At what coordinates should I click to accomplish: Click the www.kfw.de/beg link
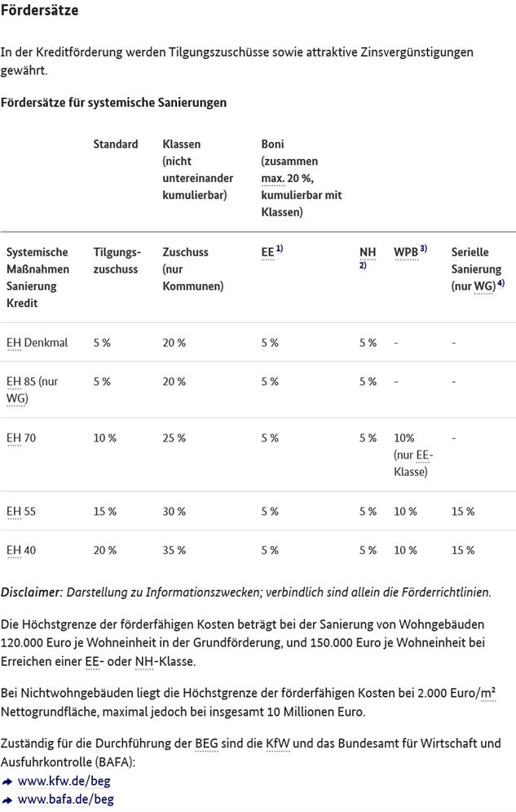tap(64, 781)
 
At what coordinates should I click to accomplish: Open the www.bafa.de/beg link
tap(66, 799)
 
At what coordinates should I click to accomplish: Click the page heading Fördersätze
tap(39, 10)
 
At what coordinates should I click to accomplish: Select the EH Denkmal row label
tap(37, 343)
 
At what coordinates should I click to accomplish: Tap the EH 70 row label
tap(21, 438)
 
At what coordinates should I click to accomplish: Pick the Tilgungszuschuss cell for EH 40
tap(105, 551)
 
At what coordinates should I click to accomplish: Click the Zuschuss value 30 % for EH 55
tap(174, 512)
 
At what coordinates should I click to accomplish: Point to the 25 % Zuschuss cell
tap(174, 438)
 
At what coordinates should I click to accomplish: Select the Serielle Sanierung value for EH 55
tap(463, 512)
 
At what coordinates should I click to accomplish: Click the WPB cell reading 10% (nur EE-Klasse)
tap(413, 455)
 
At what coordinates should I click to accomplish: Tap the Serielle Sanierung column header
tap(478, 269)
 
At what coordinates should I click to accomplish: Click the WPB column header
tap(411, 251)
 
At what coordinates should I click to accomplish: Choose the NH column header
tap(368, 257)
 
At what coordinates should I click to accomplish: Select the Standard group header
tap(115, 144)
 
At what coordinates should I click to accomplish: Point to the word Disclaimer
tap(32, 592)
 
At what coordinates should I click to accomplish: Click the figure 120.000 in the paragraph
tap(22, 642)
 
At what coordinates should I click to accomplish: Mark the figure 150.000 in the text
tap(332, 642)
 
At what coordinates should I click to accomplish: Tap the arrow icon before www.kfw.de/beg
tap(7, 782)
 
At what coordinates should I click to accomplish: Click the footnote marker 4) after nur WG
tap(501, 283)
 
